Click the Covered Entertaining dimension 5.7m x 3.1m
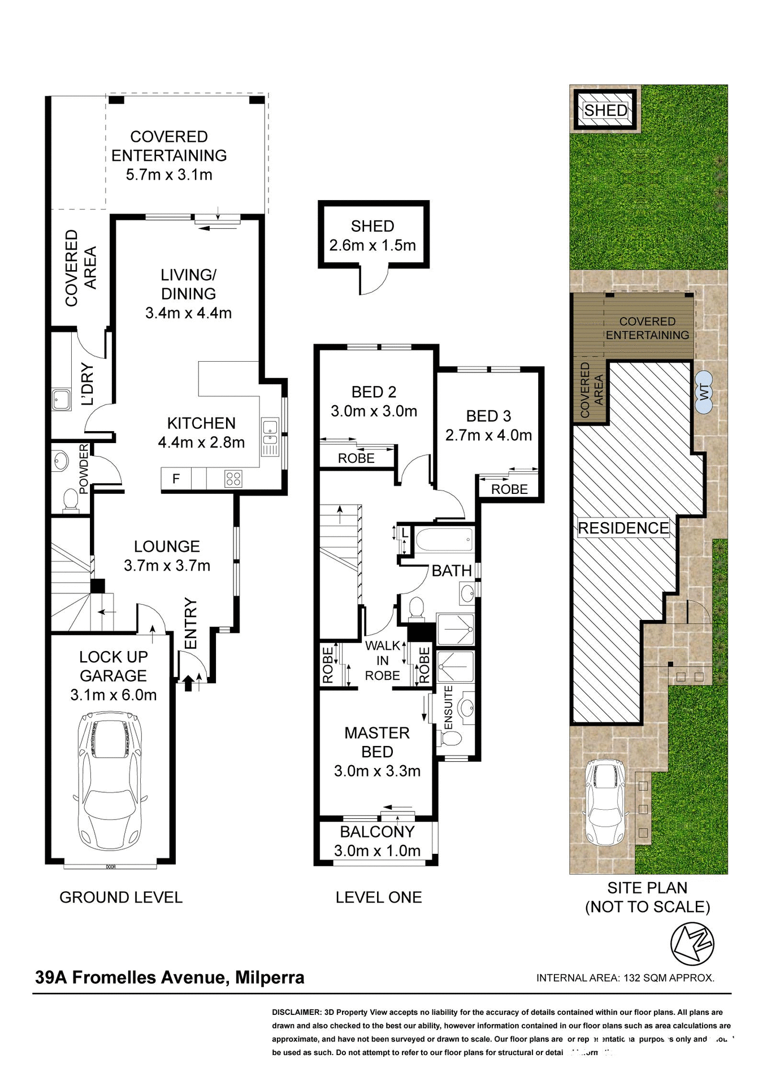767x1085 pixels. tap(169, 175)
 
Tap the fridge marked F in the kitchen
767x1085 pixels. tap(176, 479)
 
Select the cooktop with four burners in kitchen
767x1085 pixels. tap(233, 479)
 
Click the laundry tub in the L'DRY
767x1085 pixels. tap(61, 400)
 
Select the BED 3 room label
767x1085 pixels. tap(488, 416)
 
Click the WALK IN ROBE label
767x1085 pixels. tap(383, 661)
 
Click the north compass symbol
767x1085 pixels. tap(692, 944)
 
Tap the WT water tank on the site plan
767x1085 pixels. tap(704, 393)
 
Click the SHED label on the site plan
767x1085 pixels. tap(605, 111)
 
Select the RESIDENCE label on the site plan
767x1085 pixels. tap(623, 528)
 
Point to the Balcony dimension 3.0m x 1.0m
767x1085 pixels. tap(377, 850)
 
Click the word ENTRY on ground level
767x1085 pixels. tap(191, 623)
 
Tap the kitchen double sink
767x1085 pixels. tap(270, 432)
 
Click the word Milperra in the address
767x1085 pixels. tap(270, 977)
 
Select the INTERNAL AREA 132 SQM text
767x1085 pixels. tap(625, 978)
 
